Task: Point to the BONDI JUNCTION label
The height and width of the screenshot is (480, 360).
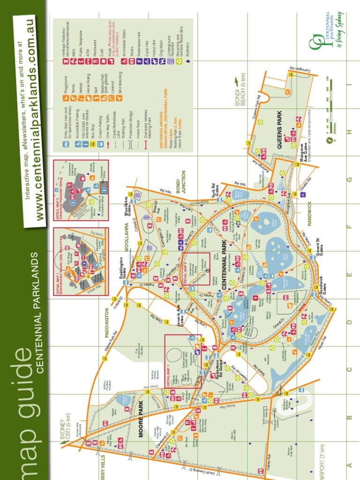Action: (180, 181)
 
